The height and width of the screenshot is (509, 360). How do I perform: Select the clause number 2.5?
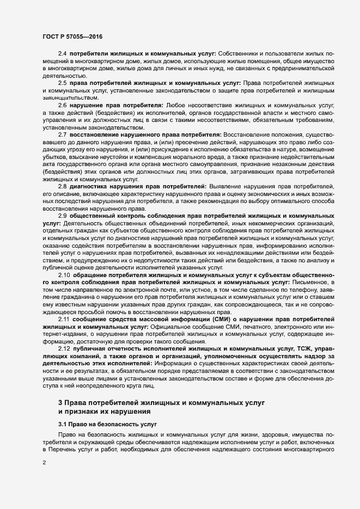[x=62, y=83]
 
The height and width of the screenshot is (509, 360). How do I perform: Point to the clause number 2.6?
[x=62, y=104]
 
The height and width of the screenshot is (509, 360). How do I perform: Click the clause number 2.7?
[x=62, y=134]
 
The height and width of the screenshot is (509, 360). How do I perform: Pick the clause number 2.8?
[x=62, y=186]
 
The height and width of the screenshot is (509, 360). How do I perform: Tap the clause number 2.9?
[x=62, y=216]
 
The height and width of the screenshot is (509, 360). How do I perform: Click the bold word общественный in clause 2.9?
[x=96, y=216]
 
